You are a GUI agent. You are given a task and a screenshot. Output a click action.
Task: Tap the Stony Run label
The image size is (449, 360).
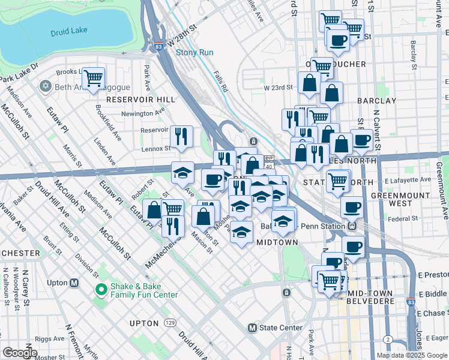click(194, 52)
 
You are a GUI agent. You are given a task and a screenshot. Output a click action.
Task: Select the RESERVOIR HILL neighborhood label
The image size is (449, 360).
click(140, 99)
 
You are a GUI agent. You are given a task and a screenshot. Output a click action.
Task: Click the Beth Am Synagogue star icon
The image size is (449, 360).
click(44, 87)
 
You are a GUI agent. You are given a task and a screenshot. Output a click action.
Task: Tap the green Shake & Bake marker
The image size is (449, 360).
click(101, 290)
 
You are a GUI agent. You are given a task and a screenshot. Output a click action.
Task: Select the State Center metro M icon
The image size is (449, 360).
click(252, 328)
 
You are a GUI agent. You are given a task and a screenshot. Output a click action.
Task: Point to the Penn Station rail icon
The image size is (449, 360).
click(352, 226)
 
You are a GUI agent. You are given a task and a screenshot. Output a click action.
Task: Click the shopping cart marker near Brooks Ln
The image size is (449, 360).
click(93, 78)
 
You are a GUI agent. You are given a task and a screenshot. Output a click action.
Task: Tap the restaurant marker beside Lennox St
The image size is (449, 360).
click(181, 136)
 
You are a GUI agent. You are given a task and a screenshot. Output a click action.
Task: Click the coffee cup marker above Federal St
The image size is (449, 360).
click(352, 207)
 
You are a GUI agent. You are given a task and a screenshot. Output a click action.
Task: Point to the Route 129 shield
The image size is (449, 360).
click(170, 323)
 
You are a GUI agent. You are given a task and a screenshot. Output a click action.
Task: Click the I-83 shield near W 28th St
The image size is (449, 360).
click(157, 46)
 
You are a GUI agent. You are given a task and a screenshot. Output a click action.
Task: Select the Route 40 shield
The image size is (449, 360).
click(269, 166)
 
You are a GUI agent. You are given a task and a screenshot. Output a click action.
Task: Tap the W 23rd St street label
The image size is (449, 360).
click(277, 88)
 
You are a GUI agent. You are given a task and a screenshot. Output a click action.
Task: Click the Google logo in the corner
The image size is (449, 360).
click(20, 353)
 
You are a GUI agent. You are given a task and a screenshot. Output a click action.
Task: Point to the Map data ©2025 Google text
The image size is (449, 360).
click(411, 355)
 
